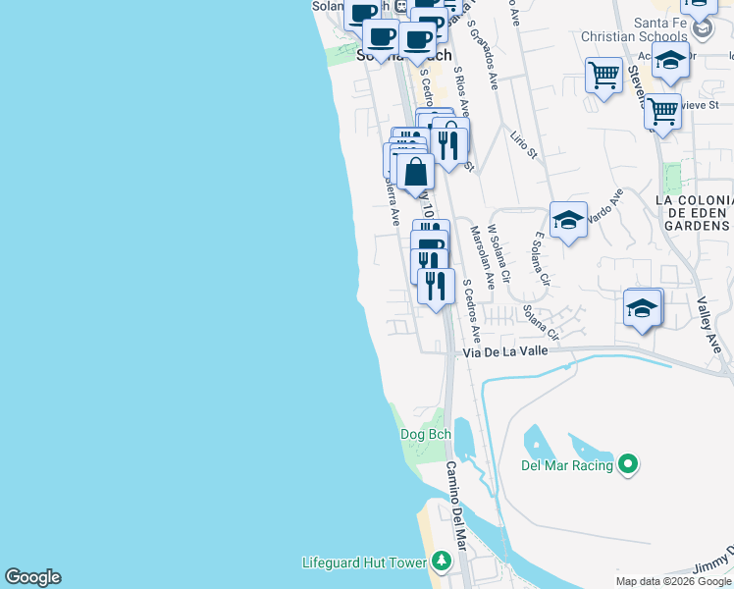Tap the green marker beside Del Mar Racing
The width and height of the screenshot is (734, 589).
coord(629,463)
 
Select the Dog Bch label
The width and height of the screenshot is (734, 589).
coord(425,434)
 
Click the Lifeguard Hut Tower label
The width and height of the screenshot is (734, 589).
coord(363,562)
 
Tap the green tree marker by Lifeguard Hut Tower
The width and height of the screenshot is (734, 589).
coord(441,561)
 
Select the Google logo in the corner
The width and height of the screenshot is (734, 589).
coord(32,577)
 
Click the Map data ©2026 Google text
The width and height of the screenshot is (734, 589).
coord(674,581)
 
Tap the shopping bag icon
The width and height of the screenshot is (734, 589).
coord(416,172)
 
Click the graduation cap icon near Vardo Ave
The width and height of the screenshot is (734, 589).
coord(568,220)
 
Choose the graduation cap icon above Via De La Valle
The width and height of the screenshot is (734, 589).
coord(642,307)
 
